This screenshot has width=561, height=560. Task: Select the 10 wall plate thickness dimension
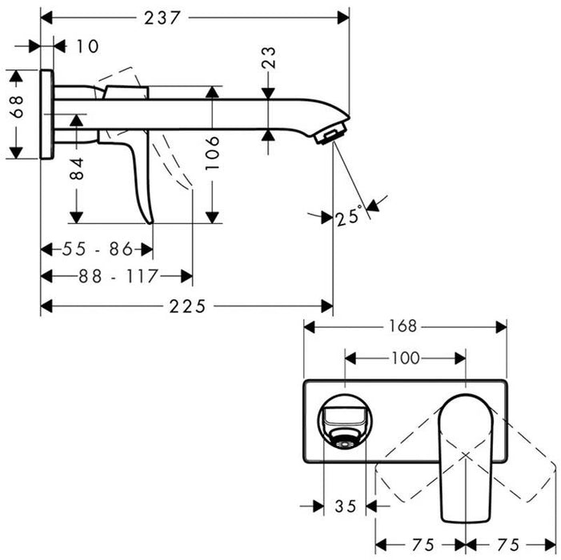coord(88,46)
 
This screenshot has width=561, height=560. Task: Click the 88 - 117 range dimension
coord(117,276)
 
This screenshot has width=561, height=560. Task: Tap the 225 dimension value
coord(186,306)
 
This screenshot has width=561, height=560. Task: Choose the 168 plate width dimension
coord(404,326)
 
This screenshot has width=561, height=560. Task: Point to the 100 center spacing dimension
coord(406,358)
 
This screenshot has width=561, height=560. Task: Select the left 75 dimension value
coord(421,545)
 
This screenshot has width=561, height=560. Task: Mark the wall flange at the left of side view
coord(47,114)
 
